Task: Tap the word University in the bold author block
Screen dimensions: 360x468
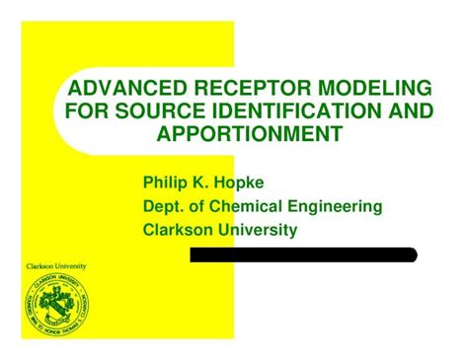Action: coord(263,229)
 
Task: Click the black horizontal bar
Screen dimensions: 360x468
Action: coord(303,254)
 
